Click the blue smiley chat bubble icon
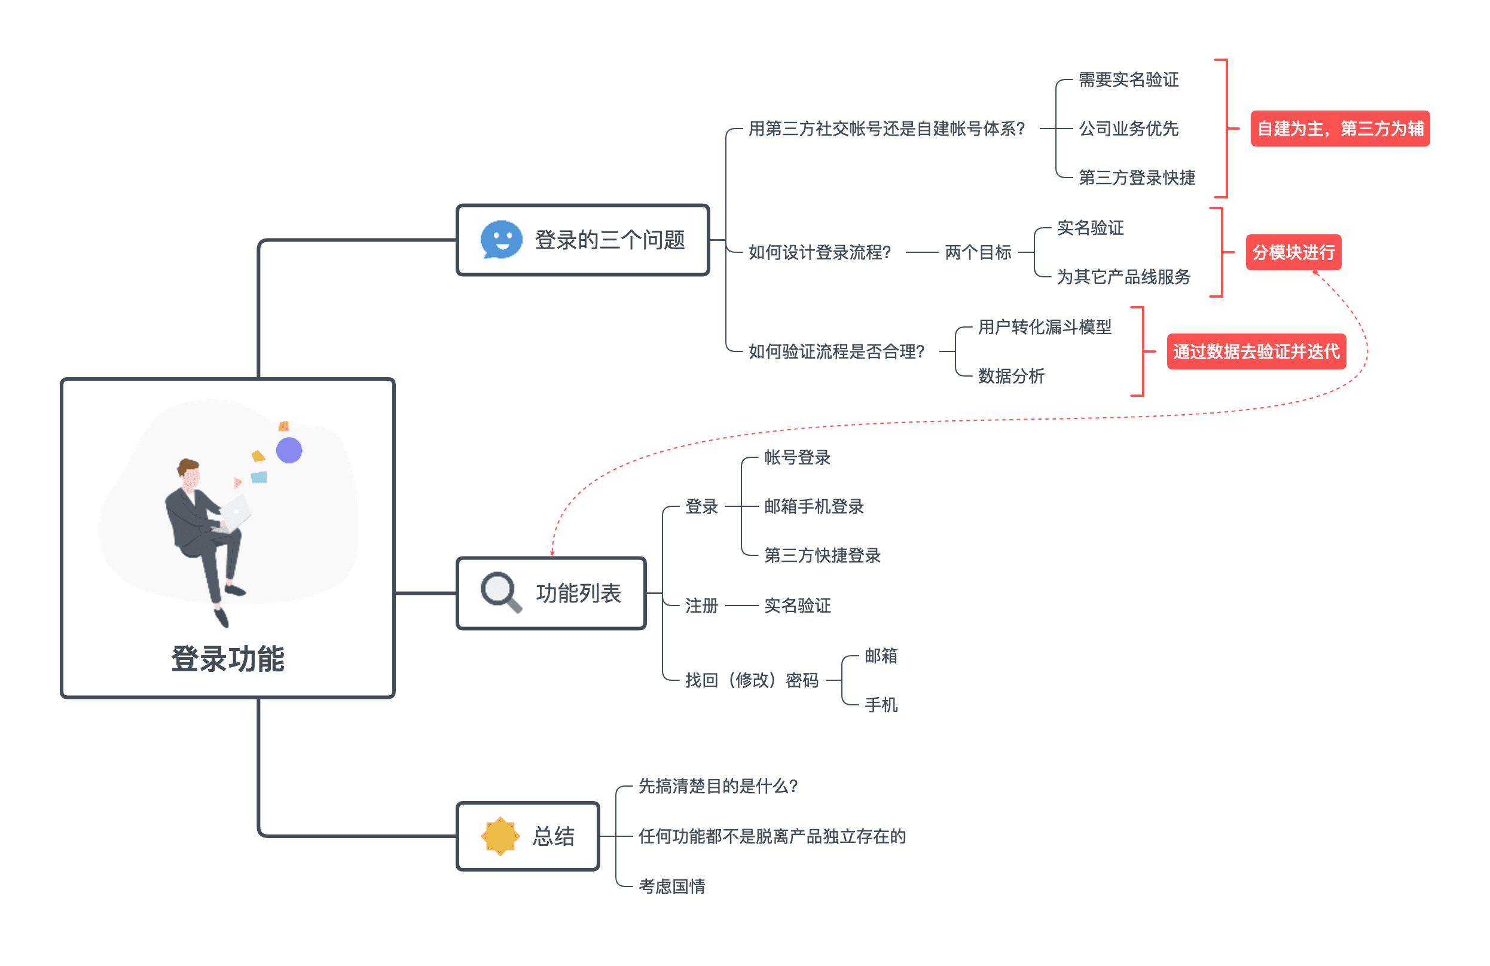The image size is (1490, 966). coord(501,239)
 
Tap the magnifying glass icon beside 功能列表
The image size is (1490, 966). coord(500,591)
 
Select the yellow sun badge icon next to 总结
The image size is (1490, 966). coord(500,835)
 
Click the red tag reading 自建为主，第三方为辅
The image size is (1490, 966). coord(1339,129)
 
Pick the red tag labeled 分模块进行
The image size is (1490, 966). coord(1293,252)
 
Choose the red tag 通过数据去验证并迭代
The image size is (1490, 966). coord(1255,351)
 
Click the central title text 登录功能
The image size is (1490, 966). coord(227,659)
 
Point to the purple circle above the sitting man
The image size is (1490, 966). coord(289,450)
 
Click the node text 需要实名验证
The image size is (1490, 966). coord(1128,80)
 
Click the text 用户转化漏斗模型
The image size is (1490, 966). coord(1044,327)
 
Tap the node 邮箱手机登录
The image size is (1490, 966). coord(813,506)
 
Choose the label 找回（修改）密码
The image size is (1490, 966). coord(751,679)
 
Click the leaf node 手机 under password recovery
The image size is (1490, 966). coord(880,704)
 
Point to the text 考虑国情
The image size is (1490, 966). coord(671,886)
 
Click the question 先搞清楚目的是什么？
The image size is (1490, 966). coord(717,785)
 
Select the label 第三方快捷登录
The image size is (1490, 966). coord(822,555)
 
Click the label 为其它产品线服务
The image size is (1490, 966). coord(1123,277)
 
